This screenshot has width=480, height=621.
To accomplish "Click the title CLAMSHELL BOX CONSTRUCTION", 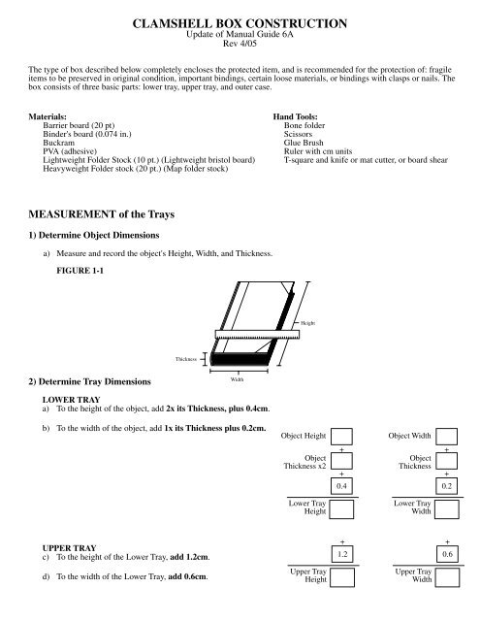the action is [x=240, y=20].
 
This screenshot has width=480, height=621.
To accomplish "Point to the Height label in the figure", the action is [x=308, y=322].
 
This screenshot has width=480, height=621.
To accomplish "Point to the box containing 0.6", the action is [x=447, y=553].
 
